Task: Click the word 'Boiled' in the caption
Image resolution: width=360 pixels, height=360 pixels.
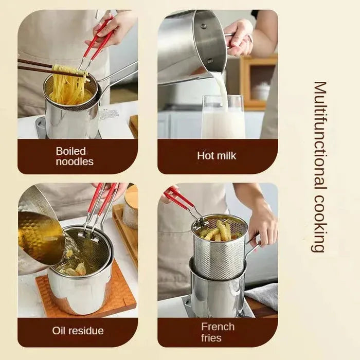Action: (x=70, y=151)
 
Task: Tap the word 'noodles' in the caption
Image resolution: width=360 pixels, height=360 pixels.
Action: (x=75, y=161)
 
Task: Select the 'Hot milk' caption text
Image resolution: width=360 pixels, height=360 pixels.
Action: (x=217, y=155)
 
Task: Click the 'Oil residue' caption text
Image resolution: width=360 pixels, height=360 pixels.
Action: (x=78, y=331)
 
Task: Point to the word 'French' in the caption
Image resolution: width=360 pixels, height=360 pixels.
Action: (x=218, y=327)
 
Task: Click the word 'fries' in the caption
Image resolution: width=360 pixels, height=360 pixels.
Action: (x=211, y=338)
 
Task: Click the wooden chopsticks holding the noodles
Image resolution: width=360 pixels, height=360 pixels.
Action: (x=36, y=67)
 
